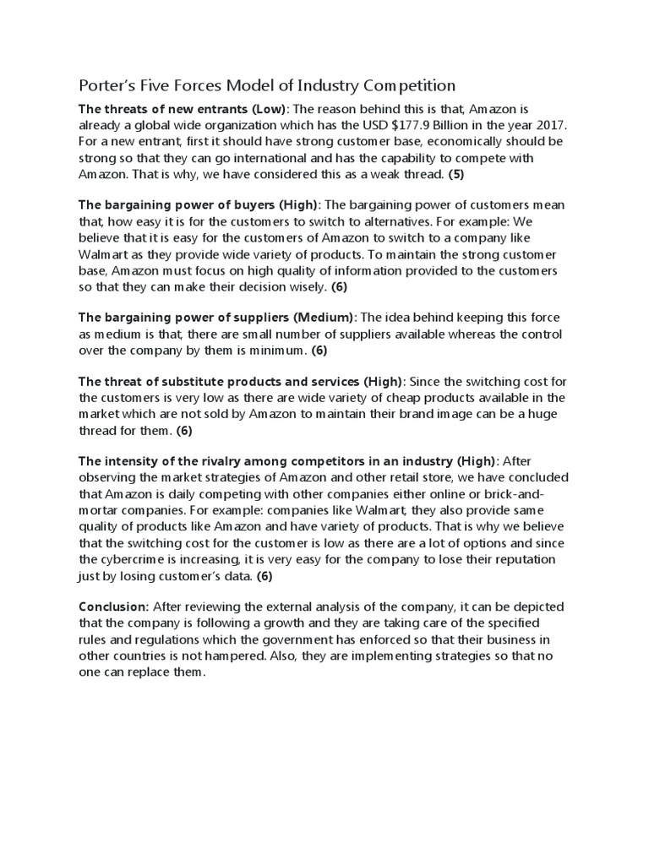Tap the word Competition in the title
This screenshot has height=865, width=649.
(x=409, y=86)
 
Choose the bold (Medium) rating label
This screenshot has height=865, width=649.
(x=323, y=318)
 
